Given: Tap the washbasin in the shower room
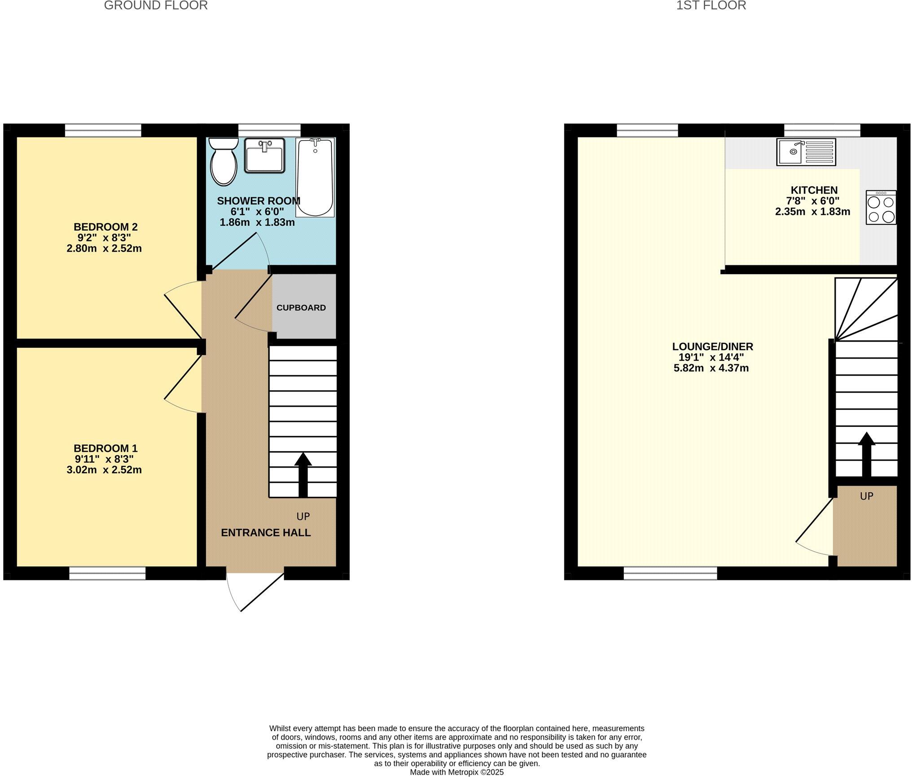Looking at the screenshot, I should [264, 155].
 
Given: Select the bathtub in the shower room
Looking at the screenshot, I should [315, 178].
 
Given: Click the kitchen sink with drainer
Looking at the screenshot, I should [806, 152].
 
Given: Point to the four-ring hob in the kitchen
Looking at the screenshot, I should [881, 207].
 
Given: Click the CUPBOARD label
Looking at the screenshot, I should [301, 308].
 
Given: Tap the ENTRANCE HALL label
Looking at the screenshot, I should [266, 533].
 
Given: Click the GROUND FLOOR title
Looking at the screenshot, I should [156, 5].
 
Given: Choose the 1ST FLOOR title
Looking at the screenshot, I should [711, 5].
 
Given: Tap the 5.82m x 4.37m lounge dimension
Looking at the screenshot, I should [711, 369].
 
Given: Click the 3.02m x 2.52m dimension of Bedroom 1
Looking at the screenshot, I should [104, 470].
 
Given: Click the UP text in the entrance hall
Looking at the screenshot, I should [303, 517].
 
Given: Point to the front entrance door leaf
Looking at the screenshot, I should [263, 591].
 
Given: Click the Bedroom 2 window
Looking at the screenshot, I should [103, 130].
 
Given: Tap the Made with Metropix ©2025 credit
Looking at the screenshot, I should [456, 772].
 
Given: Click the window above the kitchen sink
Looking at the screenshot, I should [822, 130].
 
